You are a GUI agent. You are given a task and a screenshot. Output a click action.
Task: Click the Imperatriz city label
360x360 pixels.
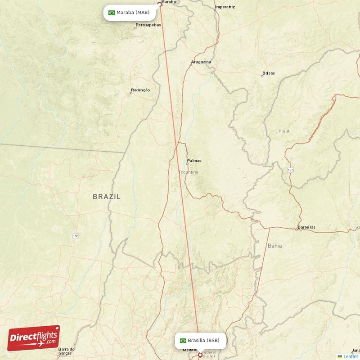tap(225, 7)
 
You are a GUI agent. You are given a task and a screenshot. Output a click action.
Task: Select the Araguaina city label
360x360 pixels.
tap(201, 62)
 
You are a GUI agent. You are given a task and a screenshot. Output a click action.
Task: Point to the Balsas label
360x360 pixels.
tap(269, 73)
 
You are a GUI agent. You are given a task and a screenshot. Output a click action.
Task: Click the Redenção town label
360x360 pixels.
tap(140, 90)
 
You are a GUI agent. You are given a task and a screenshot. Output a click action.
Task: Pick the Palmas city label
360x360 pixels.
tap(194, 161)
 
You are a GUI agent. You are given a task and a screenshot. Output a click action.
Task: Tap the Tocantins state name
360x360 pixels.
tap(188, 172)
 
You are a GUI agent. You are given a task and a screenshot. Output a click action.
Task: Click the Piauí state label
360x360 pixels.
tap(284, 131)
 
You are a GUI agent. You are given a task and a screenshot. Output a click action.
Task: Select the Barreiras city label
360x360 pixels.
tap(306, 227)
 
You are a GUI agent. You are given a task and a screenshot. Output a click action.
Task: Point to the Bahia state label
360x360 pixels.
tap(274, 246)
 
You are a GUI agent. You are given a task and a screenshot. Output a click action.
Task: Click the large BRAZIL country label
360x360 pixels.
tap(107, 196)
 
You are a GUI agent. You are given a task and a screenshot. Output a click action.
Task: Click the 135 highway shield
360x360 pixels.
tap(291, 170)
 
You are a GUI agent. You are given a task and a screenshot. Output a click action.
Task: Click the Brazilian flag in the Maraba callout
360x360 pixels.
tap(112, 13)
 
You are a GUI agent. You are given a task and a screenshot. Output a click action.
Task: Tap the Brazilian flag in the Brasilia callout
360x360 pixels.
tap(183, 341)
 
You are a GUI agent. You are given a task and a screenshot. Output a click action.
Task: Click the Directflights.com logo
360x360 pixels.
tap(34, 338)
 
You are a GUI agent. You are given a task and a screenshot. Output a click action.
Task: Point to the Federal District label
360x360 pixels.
tap(209, 354)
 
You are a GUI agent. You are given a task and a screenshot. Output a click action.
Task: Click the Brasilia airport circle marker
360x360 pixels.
tap(200, 355)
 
